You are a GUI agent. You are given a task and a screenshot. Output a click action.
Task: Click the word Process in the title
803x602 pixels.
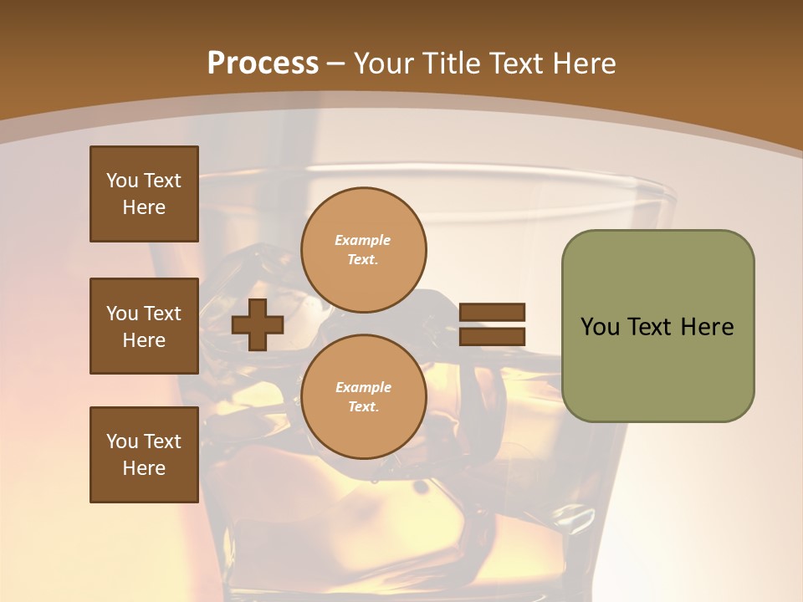(263, 64)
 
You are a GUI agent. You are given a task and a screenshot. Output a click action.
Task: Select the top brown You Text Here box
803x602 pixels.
(144, 194)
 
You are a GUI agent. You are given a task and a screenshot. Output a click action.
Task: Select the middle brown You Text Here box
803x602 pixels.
(144, 326)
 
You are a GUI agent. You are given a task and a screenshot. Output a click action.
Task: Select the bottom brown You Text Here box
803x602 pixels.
(144, 455)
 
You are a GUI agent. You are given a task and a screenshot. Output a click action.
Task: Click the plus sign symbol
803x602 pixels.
(258, 324)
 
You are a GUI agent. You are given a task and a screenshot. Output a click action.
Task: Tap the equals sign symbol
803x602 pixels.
(492, 324)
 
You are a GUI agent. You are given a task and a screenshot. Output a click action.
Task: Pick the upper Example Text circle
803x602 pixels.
(364, 250)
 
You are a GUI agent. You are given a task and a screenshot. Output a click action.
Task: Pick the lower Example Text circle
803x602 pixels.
(364, 397)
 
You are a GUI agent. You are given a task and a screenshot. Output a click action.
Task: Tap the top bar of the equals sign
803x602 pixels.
(492, 313)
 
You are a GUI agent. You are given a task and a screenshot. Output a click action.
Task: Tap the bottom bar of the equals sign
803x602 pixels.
(492, 336)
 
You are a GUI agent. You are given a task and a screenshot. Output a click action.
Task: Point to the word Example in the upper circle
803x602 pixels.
(363, 241)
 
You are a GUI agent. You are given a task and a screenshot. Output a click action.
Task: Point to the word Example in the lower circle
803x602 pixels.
(363, 388)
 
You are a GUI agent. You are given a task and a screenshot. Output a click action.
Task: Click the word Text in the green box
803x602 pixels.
(650, 327)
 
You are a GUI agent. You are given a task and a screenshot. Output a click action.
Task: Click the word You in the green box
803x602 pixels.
(600, 327)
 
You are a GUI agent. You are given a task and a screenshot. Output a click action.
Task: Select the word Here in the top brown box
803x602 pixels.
(144, 207)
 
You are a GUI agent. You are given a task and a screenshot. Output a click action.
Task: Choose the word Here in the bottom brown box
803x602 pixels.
(144, 468)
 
